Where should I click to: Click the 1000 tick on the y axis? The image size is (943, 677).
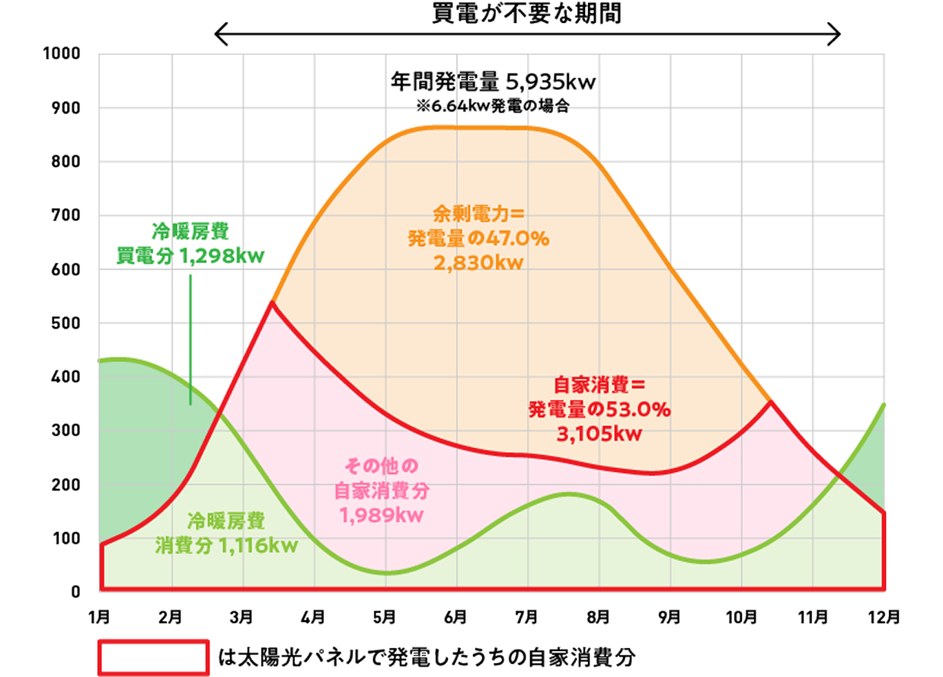pos(62,53)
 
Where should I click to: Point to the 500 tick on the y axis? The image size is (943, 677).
pos(66,323)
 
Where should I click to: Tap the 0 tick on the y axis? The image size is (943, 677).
pos(75,592)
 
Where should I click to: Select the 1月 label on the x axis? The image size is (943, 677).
pos(99,618)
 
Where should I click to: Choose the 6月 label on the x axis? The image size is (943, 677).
pos(456,618)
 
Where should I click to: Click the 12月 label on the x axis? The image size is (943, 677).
pos(884,618)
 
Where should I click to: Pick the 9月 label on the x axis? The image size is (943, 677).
pos(670,618)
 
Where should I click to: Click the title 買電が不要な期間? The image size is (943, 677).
pos(527,13)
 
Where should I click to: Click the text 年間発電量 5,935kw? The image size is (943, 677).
pos(493,82)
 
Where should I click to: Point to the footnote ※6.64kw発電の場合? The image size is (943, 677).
pos(493,106)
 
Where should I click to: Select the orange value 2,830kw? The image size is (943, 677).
pos(478,263)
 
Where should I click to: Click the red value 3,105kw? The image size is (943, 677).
pos(599,434)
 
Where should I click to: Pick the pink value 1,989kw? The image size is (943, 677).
pos(382,515)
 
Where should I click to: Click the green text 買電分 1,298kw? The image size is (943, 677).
pos(190,256)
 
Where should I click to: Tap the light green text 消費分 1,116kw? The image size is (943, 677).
pos(226,546)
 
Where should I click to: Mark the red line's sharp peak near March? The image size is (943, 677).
pos(273,303)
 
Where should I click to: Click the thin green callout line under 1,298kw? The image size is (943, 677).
pos(190,340)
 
